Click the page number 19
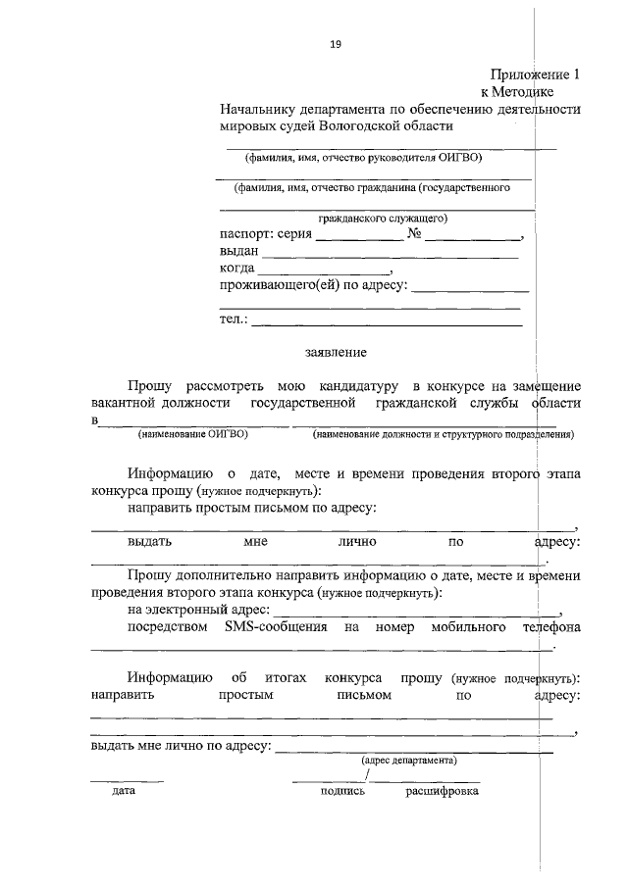(336, 44)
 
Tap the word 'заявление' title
(336, 352)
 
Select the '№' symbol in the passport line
(414, 234)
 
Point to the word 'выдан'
(239, 251)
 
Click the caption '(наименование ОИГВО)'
(192, 433)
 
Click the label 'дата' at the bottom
(124, 790)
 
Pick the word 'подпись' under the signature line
(342, 790)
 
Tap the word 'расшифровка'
(443, 790)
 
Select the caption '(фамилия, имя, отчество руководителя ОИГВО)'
(363, 157)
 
